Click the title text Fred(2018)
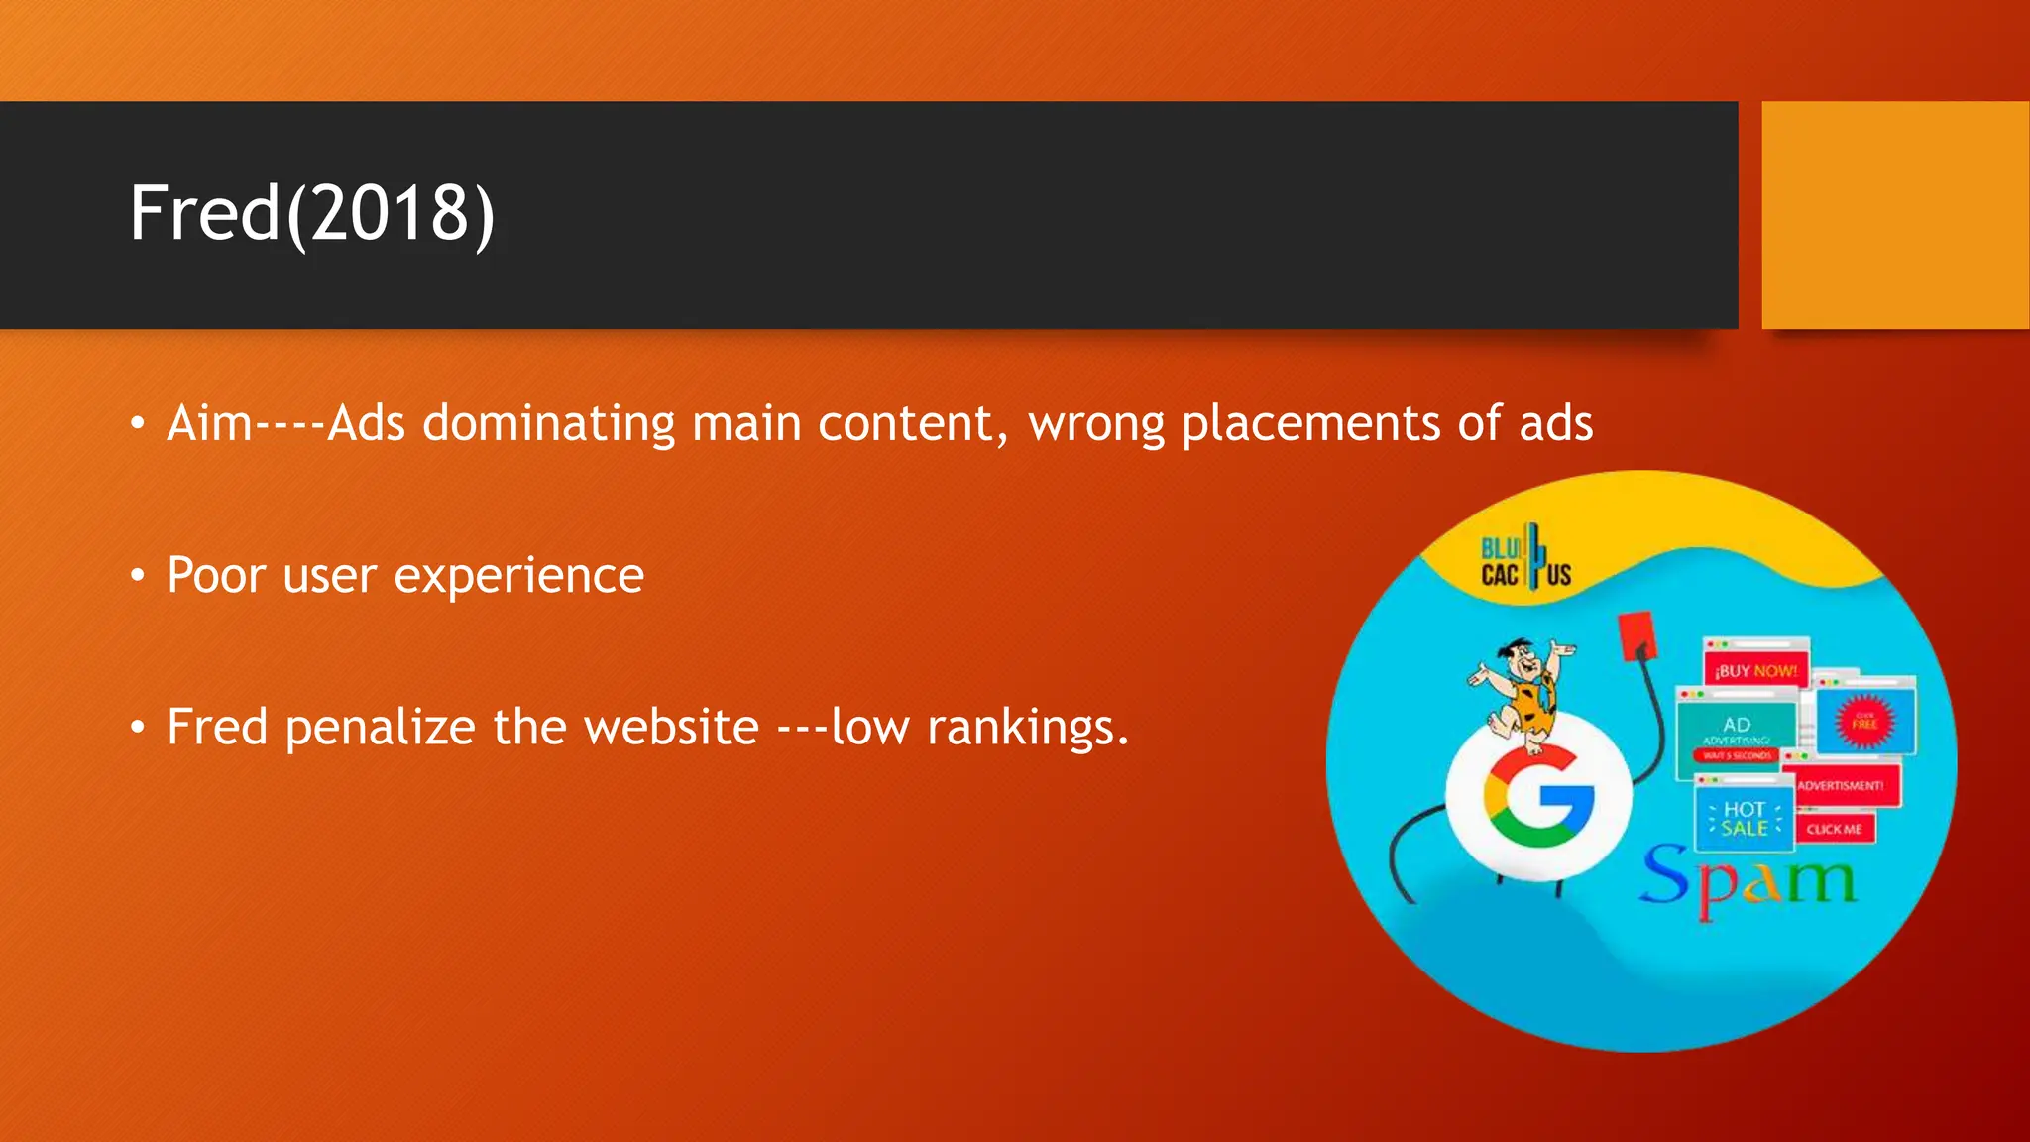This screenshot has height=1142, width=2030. (311, 213)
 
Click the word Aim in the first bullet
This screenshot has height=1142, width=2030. (210, 423)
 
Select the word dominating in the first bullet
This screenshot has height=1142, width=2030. (549, 423)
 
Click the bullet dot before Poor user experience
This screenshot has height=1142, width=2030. (138, 576)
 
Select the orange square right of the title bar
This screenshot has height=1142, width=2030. (1895, 215)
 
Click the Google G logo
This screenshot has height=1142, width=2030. (1538, 798)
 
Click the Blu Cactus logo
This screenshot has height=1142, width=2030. (1525, 560)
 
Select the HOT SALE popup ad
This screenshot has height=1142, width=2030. (1745, 819)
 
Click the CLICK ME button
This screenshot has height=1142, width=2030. (1834, 829)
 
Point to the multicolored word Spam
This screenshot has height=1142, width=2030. (1747, 880)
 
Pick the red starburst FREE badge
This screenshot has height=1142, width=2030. (1864, 721)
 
